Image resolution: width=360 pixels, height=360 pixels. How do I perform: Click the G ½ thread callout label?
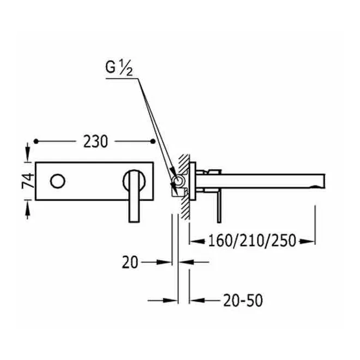pos(119,68)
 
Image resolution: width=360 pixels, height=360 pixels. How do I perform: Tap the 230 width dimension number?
pos(95,141)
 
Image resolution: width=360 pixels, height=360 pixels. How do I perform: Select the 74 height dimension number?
pos(28,181)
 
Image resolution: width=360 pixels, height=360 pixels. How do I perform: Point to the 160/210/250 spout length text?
pos(252,241)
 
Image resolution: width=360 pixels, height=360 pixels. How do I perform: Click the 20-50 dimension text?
pos(243,301)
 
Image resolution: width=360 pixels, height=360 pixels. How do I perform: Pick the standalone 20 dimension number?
pos(130,262)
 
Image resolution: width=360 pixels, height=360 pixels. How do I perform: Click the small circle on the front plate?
pos(58,181)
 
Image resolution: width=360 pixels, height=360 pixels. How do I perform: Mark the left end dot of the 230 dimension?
pos(36,141)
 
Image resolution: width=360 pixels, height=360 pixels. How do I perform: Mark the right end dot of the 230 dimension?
pos(153,141)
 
